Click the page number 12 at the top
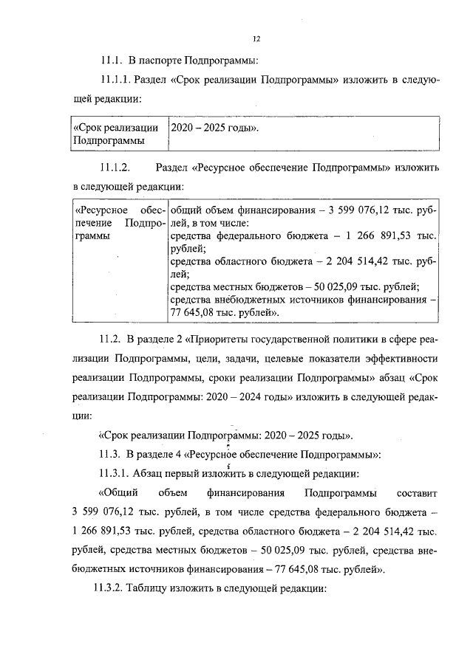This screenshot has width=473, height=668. click(256, 39)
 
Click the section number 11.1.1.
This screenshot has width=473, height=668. click(115, 80)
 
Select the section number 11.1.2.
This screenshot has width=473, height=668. click(115, 168)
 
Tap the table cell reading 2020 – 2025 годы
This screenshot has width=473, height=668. click(215, 127)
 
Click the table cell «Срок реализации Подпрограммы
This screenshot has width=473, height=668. click(118, 134)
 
